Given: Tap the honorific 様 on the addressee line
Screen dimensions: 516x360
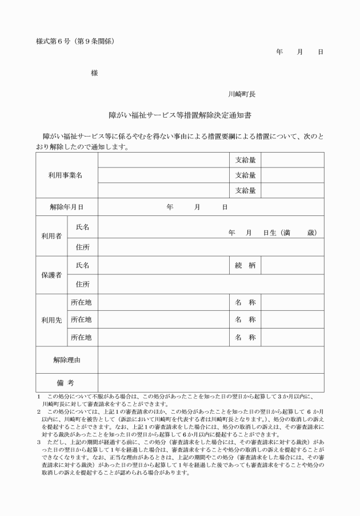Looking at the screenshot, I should (94, 73).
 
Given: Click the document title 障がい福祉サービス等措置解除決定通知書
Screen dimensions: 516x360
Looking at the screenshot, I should (180, 115).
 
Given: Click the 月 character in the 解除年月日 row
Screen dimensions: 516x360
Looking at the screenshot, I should (197, 207).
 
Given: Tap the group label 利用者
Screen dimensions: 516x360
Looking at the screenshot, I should (51, 236).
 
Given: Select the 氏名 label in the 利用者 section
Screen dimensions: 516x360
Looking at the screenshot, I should (82, 227).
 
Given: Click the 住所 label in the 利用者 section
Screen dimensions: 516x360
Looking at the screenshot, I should (82, 247).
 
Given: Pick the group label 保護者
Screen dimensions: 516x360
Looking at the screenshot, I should (51, 275).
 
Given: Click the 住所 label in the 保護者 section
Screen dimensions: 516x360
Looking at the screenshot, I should (82, 284).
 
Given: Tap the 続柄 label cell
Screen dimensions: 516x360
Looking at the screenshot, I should (245, 266).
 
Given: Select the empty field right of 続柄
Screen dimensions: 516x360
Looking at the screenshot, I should (292, 266).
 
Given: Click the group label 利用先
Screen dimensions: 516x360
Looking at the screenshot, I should (51, 320).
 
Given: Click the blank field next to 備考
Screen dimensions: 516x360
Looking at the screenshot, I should (210, 382).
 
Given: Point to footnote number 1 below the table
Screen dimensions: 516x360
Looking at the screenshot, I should (38, 396).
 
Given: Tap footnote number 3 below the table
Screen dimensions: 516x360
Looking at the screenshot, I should (38, 442).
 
